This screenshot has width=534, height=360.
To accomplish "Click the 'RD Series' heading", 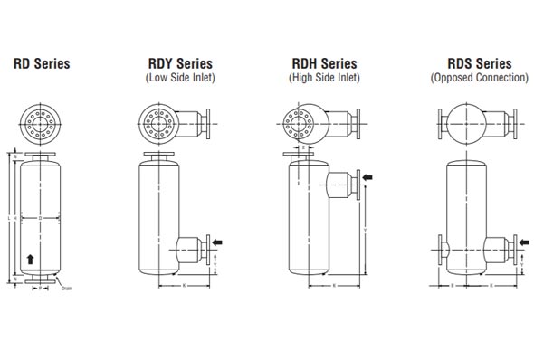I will pyautogui.click(x=41, y=64).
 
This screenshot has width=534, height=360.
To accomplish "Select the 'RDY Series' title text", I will pyautogui.click(x=180, y=64).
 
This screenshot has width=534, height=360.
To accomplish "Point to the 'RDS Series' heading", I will pyautogui.click(x=479, y=64).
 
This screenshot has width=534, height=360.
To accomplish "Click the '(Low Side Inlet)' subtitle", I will pyautogui.click(x=180, y=79).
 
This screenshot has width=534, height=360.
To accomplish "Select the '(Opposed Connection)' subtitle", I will pyautogui.click(x=479, y=79).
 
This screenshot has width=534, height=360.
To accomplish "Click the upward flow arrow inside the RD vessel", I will pyautogui.click(x=32, y=260).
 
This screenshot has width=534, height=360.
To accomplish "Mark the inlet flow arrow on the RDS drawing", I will pyautogui.click(x=524, y=242).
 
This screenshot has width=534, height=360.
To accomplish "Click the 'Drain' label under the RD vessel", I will pyautogui.click(x=66, y=290).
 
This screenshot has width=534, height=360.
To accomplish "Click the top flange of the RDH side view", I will pyautogui.click(x=299, y=157).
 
